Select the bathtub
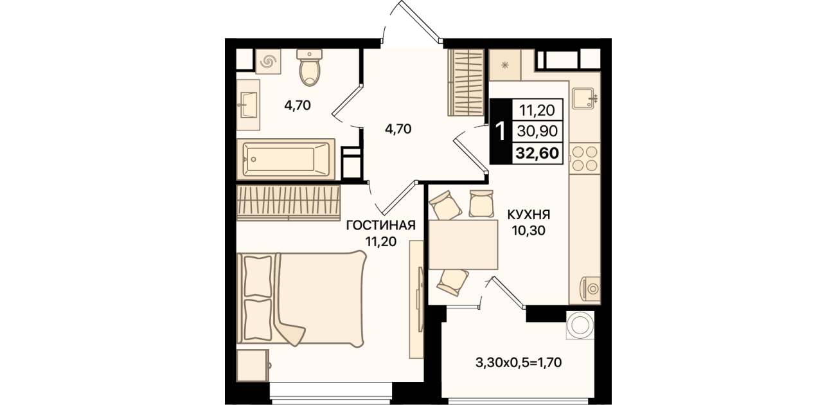286,159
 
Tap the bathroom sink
249,105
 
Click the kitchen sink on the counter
583,98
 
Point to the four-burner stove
585,158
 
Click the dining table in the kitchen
463,244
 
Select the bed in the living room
301,299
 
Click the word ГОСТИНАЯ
380,226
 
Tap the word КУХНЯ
528,215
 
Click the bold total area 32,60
537,152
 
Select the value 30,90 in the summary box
537,131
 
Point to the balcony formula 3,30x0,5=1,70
519,363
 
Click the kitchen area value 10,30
528,231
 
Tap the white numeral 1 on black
500,131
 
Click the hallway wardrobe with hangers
466,82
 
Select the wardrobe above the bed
289,203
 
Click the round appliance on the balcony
580,325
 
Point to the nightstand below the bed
253,365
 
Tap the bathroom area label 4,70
298,105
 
